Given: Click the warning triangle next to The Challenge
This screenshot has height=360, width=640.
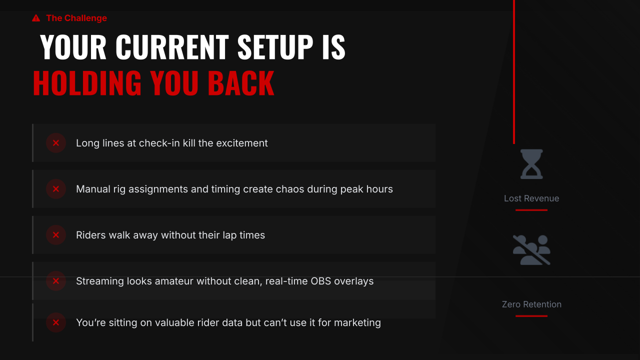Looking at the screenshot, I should pos(36,18).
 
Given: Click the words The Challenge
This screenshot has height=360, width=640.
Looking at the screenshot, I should pos(76,18).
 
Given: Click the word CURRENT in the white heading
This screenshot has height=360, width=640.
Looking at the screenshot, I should pos(171,47).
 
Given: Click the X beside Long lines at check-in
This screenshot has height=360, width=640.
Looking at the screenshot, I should pos(56,143).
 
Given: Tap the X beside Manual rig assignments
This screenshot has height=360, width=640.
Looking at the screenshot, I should pos(56,189).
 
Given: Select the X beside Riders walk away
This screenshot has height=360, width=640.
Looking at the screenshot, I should pos(56,235).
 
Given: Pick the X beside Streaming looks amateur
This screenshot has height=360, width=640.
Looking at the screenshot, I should pos(56,281).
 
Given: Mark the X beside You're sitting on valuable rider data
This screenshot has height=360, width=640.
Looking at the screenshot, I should pos(56,322).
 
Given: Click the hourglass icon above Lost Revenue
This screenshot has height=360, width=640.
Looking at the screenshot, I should pos(531,164).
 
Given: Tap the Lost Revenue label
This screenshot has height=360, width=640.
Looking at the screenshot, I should pos(531,198).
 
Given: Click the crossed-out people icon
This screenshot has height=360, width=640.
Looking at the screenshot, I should pos(531,250).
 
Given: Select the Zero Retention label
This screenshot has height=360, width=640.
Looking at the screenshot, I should pos(531,304).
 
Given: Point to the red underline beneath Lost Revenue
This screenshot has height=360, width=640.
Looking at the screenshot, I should pos(531,210).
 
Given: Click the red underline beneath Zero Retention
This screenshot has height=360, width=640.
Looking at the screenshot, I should pos(531,316).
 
